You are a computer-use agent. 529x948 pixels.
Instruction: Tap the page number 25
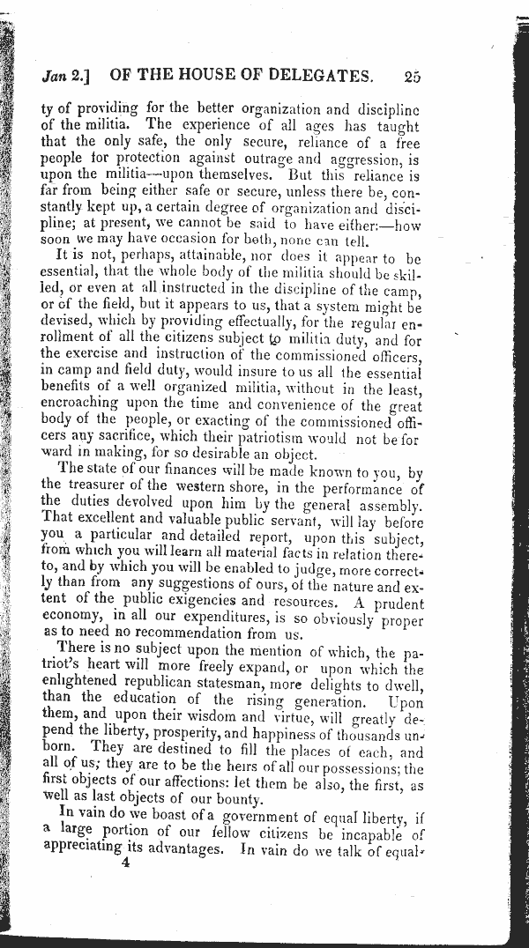point(412,76)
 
